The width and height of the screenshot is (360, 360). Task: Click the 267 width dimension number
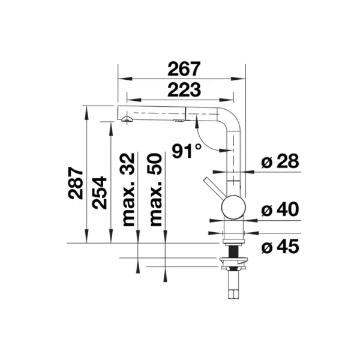pos(184,69)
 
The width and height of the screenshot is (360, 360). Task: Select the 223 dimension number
pos(184,90)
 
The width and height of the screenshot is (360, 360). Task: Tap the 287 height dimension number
pos(76,183)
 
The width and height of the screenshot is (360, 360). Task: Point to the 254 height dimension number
pos(99,193)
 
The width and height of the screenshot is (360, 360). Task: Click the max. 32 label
pos(128,190)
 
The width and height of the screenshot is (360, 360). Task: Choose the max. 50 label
pos(156,190)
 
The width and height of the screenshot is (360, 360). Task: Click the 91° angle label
pos(187,151)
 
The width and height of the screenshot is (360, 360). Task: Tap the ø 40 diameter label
pos(280,209)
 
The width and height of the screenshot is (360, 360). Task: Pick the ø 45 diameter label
pos(280,247)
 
